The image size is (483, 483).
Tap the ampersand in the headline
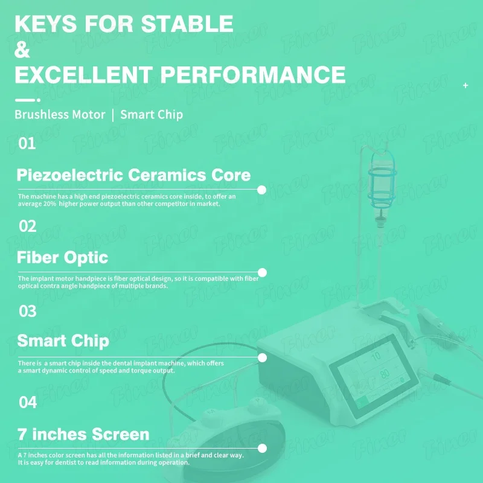(x=22, y=50)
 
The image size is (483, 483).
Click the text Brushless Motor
(x=60, y=114)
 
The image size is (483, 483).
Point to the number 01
(x=27, y=144)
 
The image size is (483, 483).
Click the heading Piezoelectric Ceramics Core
(x=133, y=175)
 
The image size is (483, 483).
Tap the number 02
(x=28, y=226)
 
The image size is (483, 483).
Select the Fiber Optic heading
(x=62, y=257)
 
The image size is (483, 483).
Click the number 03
(x=28, y=312)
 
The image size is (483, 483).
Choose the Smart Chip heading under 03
(x=63, y=341)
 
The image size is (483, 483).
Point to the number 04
(x=28, y=402)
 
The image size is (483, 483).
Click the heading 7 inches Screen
(x=83, y=433)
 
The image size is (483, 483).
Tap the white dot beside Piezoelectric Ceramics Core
(x=262, y=190)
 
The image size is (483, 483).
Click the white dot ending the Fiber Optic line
(x=262, y=272)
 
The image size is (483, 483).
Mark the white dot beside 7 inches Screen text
(x=262, y=448)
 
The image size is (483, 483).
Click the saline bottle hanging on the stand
(x=380, y=181)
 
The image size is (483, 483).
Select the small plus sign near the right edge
(x=465, y=86)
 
